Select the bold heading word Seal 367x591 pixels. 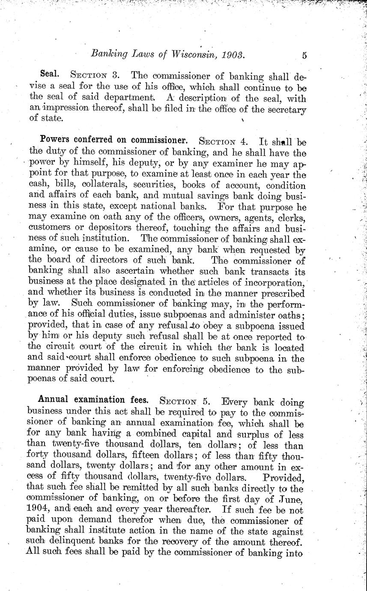[49, 75]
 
